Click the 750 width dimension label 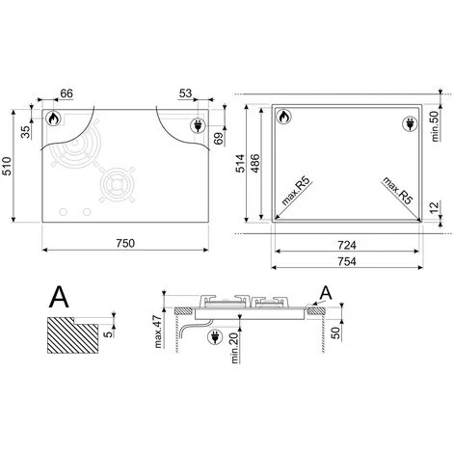[x=125, y=243]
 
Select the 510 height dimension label [x=7, y=166]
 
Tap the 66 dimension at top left [x=67, y=93]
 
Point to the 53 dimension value [x=185, y=93]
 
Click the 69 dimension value [x=219, y=139]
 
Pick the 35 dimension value [x=25, y=132]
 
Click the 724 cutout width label [x=347, y=246]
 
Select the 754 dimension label [x=347, y=261]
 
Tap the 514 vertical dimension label [x=240, y=164]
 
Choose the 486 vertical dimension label [x=255, y=164]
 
